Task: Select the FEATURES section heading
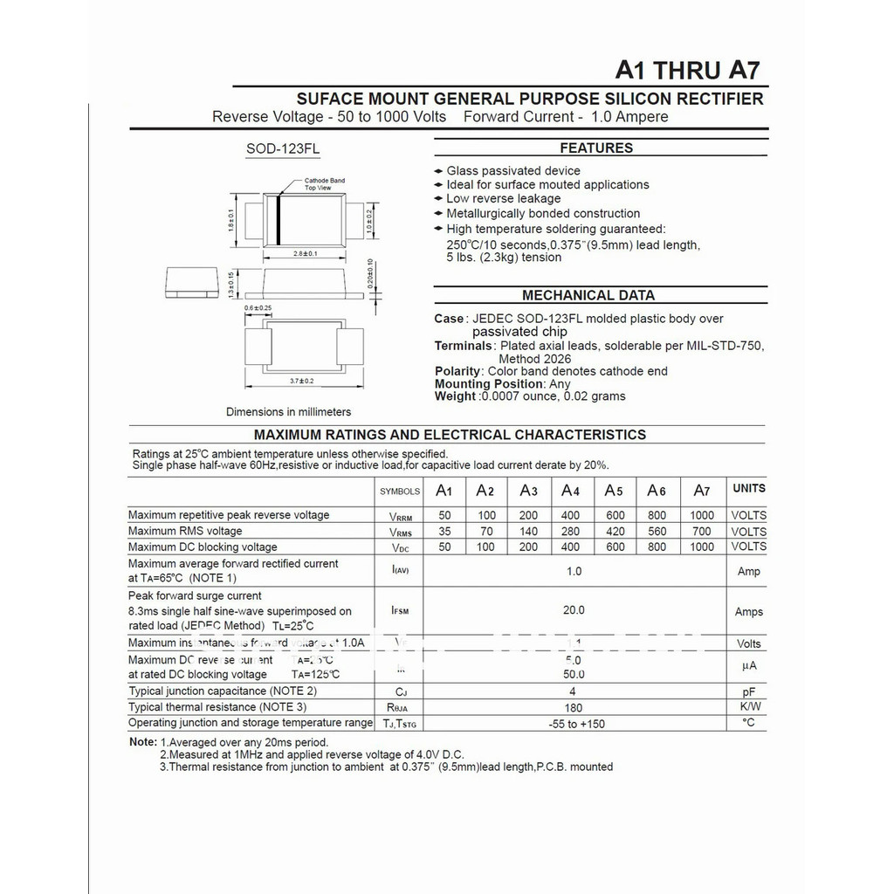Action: click(x=596, y=148)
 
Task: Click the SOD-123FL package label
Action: click(x=283, y=149)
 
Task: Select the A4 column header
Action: click(x=571, y=491)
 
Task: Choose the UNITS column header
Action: click(x=748, y=489)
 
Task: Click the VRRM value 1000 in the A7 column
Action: click(x=702, y=515)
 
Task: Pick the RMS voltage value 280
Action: click(x=571, y=531)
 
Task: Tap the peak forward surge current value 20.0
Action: click(x=574, y=611)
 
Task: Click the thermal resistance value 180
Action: click(x=574, y=707)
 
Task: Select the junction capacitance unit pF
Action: click(x=748, y=691)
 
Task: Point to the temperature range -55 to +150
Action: click(x=576, y=724)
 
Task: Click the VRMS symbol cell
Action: click(x=401, y=532)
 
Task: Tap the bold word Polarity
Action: click(x=457, y=371)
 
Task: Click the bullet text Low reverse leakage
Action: click(x=504, y=199)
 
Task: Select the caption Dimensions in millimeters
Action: click(x=288, y=412)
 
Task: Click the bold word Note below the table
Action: click(x=142, y=742)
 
